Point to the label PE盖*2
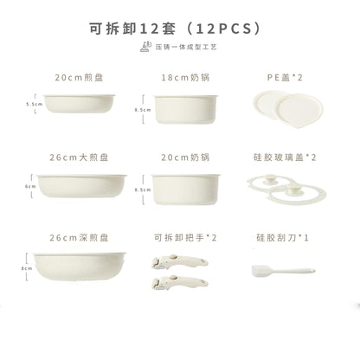coord(285,76)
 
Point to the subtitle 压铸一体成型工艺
coord(185,47)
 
